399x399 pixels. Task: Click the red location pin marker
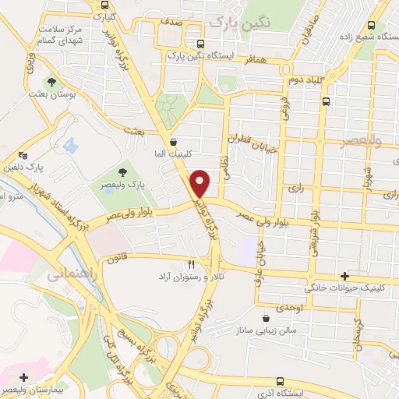pyautogui.click(x=201, y=184)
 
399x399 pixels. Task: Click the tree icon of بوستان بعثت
pyautogui.click(x=51, y=81)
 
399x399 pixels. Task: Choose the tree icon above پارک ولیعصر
pyautogui.click(x=122, y=172)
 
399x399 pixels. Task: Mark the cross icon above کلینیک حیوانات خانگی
pyautogui.click(x=344, y=277)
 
